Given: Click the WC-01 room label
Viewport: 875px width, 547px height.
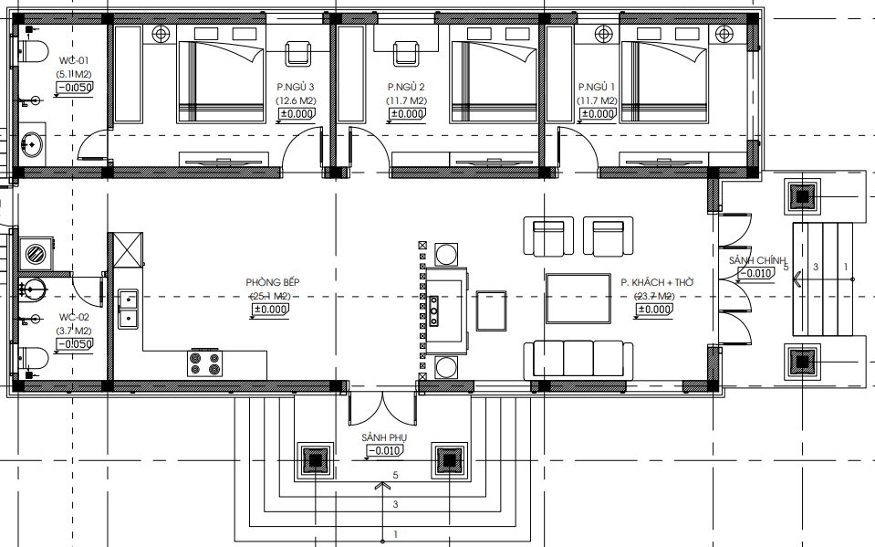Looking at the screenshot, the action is [74, 60].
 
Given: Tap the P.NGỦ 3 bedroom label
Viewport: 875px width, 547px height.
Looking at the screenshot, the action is [296, 87].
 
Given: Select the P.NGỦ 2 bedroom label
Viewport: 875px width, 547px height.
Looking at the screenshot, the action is [406, 87].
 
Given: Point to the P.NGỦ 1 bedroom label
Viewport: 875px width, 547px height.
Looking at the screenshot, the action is [597, 87].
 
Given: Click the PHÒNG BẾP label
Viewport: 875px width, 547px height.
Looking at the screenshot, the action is [272, 282].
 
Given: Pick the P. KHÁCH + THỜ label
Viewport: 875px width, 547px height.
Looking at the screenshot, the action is [657, 282].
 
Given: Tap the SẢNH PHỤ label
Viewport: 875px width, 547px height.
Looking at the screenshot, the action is [384, 437].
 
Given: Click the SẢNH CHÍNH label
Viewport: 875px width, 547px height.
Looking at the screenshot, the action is [756, 260].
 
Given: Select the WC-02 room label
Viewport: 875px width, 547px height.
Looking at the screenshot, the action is [74, 317].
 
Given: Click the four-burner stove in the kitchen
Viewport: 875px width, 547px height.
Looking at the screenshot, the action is [204, 363].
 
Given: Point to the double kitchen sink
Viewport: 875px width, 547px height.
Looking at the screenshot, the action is [129, 309].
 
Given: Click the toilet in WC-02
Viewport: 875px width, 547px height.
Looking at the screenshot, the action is [34, 358].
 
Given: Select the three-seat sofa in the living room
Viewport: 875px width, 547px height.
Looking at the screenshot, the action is [578, 360].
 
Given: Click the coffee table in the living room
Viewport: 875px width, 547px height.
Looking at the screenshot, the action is [578, 299].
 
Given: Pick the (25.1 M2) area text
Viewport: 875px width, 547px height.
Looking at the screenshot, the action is [269, 296].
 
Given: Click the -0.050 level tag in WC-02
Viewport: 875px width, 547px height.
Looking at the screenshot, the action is [75, 344].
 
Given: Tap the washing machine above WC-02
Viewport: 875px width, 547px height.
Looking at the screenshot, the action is [36, 254].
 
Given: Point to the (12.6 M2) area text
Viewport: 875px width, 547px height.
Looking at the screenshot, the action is [296, 100].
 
